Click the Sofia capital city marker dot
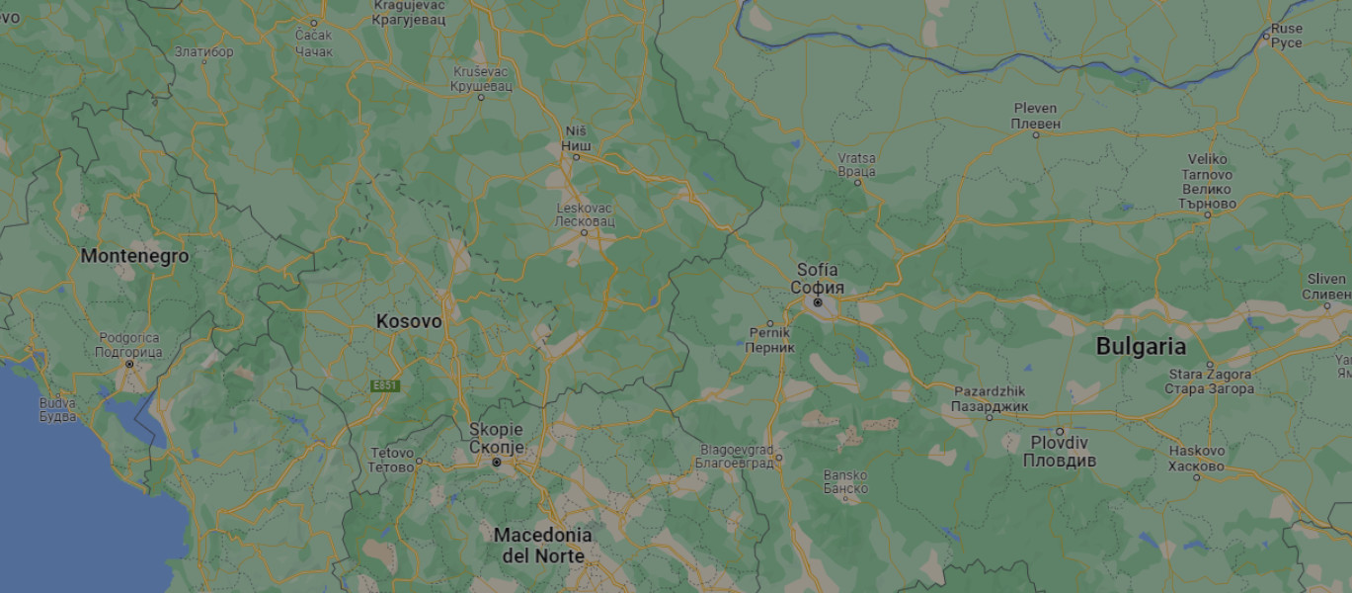[x=818, y=302]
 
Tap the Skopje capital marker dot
[x=497, y=462]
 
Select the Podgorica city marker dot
[x=129, y=364]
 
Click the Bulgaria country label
[x=1141, y=347]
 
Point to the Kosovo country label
[x=409, y=322]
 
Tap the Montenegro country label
[x=134, y=256]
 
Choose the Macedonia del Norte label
[x=542, y=546]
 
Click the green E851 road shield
[x=385, y=385]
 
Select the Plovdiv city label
[x=1059, y=451]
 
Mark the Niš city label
[x=576, y=138]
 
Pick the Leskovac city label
[x=585, y=215]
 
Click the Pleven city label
[x=1035, y=116]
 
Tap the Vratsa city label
[x=856, y=164]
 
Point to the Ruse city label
[x=1287, y=36]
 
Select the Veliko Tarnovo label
[x=1207, y=181]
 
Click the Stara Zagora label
[x=1210, y=381]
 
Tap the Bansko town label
[x=845, y=481]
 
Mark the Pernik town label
[x=769, y=340]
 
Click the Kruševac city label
[x=482, y=79]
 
